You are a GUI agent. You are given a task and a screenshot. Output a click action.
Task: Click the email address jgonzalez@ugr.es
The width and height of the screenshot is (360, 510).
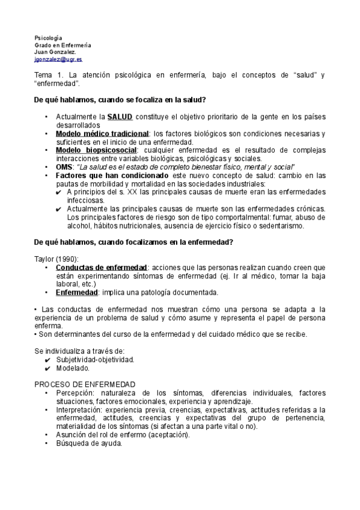[58, 60]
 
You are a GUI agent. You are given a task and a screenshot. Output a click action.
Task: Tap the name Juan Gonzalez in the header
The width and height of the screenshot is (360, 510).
[55, 52]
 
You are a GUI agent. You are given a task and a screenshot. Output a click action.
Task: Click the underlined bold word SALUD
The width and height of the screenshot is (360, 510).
[120, 116]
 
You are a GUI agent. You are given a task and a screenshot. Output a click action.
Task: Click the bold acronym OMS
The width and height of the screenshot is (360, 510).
[64, 167]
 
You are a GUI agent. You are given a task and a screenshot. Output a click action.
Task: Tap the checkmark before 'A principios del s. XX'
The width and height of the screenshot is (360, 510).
[58, 192]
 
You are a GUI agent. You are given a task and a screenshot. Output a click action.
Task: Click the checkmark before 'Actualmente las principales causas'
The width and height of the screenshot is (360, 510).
[58, 209]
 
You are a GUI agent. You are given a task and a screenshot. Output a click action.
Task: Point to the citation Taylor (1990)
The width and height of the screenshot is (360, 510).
[52, 259]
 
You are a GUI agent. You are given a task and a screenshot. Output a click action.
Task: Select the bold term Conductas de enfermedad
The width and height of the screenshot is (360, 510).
[101, 267]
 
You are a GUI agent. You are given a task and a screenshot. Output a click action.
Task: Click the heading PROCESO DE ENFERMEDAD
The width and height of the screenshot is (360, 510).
[84, 384]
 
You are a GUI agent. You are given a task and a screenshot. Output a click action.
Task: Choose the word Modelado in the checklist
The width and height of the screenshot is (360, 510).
[73, 367]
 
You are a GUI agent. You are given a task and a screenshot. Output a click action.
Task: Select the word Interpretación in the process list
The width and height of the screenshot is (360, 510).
[79, 410]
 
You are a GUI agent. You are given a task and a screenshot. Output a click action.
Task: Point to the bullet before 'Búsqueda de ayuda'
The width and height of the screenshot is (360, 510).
[47, 443]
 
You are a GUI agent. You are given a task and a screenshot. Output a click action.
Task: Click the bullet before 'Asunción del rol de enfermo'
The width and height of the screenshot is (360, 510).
[47, 435]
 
